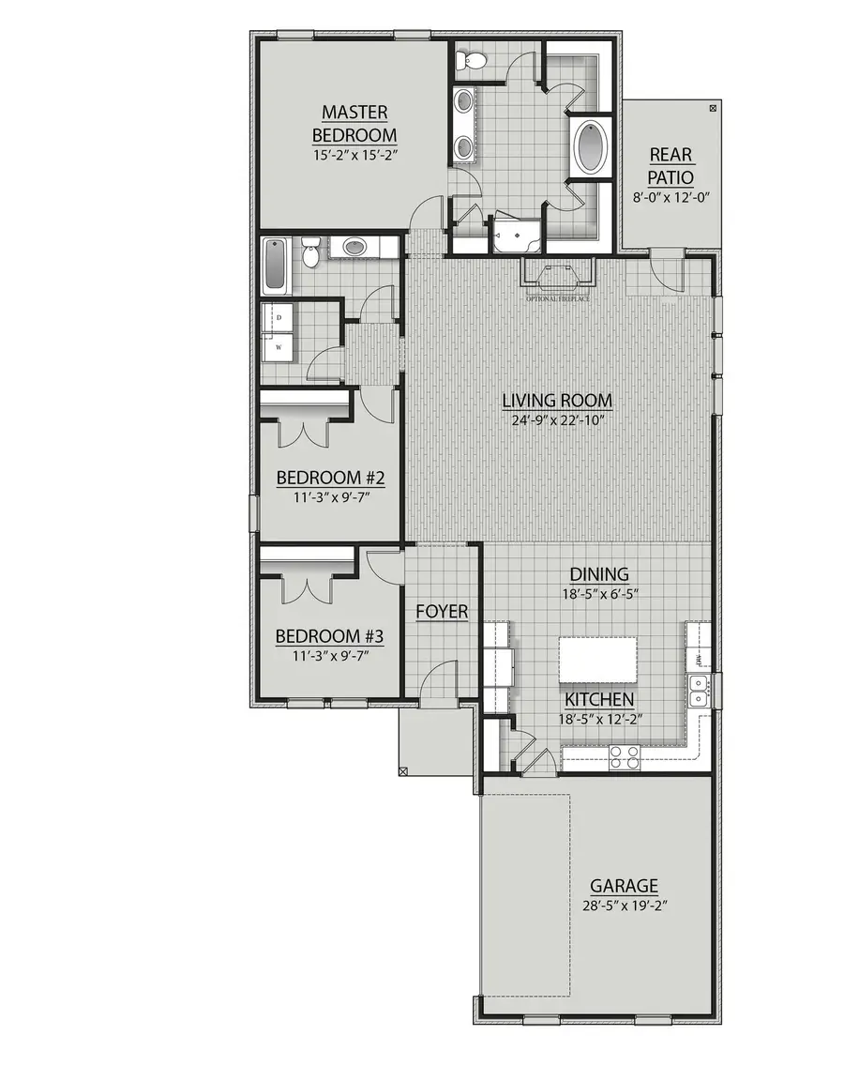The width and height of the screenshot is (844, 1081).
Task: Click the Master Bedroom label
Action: pos(354,123)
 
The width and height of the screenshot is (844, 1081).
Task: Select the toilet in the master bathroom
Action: pos(469,62)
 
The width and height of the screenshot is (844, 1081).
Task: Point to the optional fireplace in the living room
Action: pos(557,276)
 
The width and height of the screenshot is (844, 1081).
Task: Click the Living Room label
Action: pos(557,401)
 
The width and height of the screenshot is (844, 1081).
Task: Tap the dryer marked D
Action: pos(278,318)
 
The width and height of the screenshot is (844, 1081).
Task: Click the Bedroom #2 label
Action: pos(324,479)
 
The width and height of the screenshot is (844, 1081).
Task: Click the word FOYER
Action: pos(442,612)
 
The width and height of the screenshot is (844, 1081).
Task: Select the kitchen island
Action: pos(597,661)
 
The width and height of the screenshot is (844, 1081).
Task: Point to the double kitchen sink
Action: pos(697,693)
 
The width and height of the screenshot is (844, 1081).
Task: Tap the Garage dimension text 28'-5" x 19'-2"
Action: pos(623,906)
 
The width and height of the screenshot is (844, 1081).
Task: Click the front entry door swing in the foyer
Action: pos(438,682)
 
